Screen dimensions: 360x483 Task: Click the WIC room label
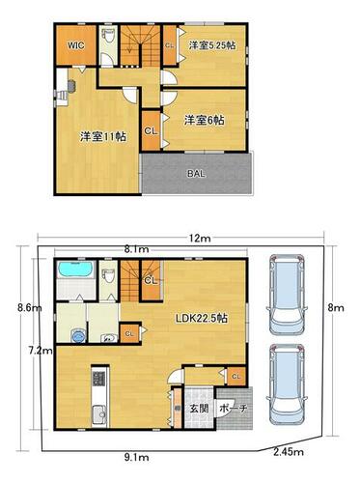click(x=76, y=45)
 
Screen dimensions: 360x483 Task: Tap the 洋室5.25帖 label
click(x=212, y=45)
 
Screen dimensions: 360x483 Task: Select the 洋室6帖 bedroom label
click(x=205, y=121)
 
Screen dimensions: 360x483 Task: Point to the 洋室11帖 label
click(x=103, y=137)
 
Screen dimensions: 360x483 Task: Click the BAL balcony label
click(x=196, y=174)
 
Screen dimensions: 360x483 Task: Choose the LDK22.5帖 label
click(x=202, y=319)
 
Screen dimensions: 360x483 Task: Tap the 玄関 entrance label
click(x=199, y=409)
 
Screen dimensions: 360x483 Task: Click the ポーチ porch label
click(x=233, y=409)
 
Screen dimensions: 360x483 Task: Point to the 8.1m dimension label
click(x=137, y=249)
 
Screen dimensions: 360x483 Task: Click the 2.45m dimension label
click(x=289, y=452)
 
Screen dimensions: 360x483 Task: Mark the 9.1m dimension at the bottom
click(x=137, y=457)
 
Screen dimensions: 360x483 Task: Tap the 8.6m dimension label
click(x=30, y=308)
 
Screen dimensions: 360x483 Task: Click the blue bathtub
click(x=76, y=270)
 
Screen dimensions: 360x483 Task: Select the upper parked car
click(x=287, y=295)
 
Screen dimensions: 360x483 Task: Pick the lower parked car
click(x=287, y=384)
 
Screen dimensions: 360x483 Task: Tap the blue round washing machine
click(x=78, y=336)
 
